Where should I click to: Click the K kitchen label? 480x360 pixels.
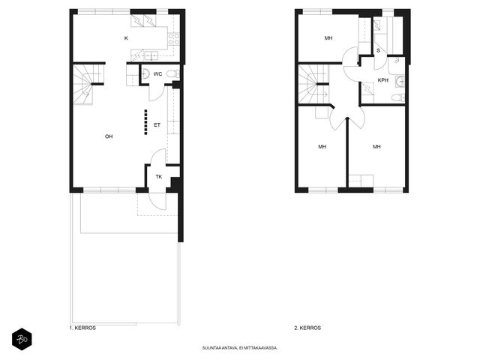(x=126, y=38)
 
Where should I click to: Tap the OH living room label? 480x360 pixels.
(x=109, y=136)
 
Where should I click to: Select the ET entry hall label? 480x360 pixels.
(x=157, y=125)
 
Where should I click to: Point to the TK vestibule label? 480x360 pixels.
(x=159, y=177)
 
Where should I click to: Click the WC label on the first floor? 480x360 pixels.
(x=158, y=74)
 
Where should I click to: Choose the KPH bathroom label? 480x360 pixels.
(x=383, y=80)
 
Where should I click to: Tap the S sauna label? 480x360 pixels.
(x=378, y=50)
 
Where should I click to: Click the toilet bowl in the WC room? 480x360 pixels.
(x=175, y=74)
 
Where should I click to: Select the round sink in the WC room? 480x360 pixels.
(x=145, y=74)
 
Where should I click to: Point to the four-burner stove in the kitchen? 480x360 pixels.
(x=173, y=39)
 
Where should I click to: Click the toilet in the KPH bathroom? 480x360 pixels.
(x=398, y=98)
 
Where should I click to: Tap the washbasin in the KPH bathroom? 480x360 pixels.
(x=400, y=82)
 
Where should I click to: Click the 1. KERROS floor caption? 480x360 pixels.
(x=82, y=328)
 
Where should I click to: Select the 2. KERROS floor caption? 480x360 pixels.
(x=307, y=328)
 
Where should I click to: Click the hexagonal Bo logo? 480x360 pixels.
(x=22, y=339)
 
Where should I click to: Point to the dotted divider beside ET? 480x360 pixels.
(x=146, y=122)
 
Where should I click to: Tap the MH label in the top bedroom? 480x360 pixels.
(x=328, y=38)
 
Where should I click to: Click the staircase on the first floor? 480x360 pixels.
(x=88, y=84)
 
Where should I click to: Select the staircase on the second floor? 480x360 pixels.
(x=313, y=84)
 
